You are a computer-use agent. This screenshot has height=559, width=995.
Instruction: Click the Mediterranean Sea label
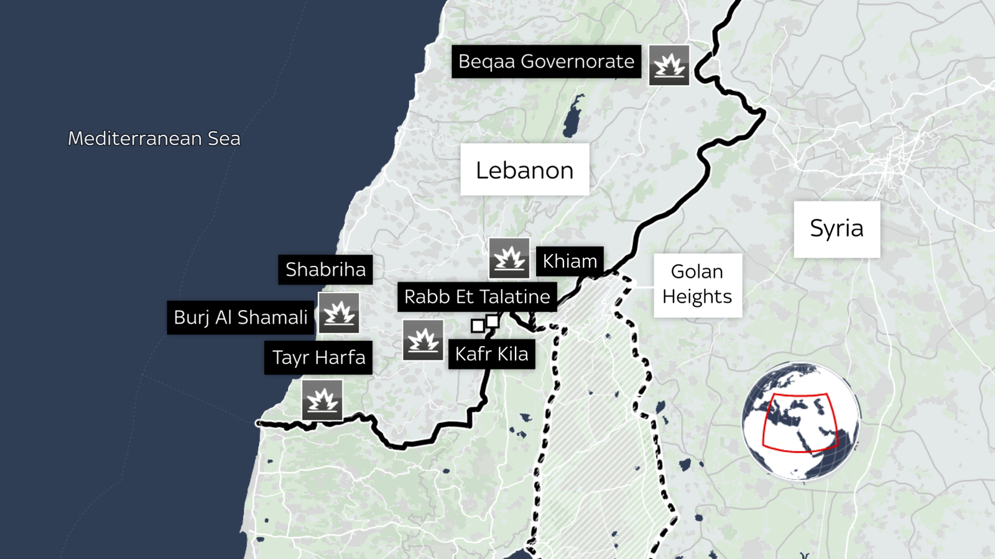(154, 139)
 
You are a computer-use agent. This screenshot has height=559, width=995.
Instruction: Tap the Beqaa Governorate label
(546, 61)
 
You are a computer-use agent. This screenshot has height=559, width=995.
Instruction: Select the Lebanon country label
(524, 170)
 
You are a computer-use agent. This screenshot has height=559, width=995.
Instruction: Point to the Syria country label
(836, 229)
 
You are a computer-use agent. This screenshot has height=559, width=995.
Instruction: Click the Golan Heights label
(697, 284)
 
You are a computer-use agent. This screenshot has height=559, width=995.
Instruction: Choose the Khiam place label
(570, 261)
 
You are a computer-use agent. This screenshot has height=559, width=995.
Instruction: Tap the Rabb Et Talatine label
(477, 297)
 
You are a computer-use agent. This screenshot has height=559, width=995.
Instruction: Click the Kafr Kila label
(491, 354)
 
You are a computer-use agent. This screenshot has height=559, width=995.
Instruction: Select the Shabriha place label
(325, 270)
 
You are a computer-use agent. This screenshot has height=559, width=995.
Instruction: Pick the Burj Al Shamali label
(241, 317)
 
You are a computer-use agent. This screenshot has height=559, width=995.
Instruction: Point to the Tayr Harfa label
(318, 358)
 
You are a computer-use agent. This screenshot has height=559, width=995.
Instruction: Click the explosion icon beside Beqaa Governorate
(669, 65)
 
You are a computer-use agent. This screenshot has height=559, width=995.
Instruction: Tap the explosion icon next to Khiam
(509, 258)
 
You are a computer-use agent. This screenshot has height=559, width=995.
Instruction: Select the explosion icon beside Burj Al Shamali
(339, 313)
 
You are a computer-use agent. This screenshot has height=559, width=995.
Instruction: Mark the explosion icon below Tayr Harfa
(322, 400)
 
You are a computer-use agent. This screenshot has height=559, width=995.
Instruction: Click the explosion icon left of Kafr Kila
(423, 340)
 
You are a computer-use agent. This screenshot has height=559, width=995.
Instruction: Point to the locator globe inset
(801, 421)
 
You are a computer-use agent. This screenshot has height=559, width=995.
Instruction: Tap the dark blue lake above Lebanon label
(573, 117)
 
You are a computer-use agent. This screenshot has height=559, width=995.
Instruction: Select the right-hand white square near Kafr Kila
(493, 321)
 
